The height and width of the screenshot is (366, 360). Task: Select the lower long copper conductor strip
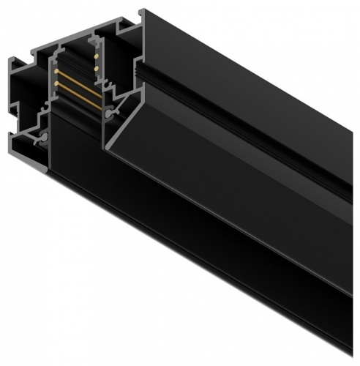pos(73,92)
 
